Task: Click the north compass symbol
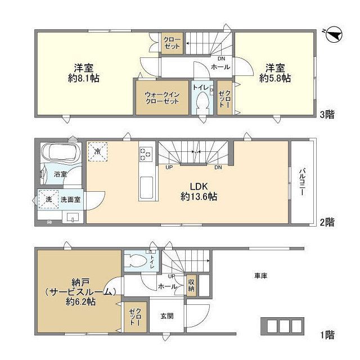[334, 34]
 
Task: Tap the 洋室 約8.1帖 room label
[84, 73]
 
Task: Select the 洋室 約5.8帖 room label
[275, 73]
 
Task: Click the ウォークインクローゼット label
[162, 98]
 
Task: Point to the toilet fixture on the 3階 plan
[203, 103]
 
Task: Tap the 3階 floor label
[327, 114]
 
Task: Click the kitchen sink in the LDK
[146, 187]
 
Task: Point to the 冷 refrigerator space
[98, 151]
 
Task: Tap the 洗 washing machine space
[48, 199]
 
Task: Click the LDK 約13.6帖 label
[199, 192]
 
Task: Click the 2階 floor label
[327, 222]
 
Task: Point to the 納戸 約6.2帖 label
[80, 291]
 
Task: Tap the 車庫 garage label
[261, 276]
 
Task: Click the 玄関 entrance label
[167, 316]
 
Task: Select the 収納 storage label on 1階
[191, 285]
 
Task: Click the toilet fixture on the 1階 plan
[137, 260]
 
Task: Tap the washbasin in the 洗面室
[73, 217]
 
